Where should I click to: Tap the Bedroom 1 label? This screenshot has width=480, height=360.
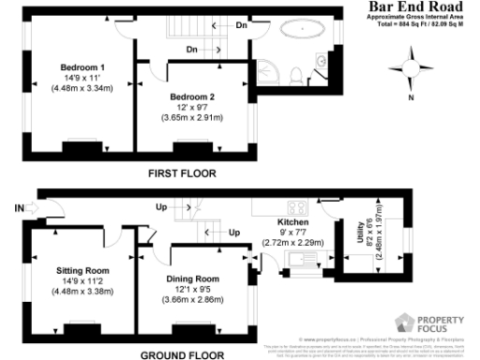point(82,67)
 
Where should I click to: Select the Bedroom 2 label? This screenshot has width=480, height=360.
point(192,97)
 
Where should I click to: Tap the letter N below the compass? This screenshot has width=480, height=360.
point(409,98)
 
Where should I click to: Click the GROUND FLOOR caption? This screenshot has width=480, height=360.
point(182,354)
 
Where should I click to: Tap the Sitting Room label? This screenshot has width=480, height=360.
point(82,268)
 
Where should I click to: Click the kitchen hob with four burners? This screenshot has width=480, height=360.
point(301,207)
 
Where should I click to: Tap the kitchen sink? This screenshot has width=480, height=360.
point(302,259)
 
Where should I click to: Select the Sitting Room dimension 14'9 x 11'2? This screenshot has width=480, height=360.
point(82,279)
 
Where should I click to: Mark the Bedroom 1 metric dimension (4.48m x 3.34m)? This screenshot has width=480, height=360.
point(82,89)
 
